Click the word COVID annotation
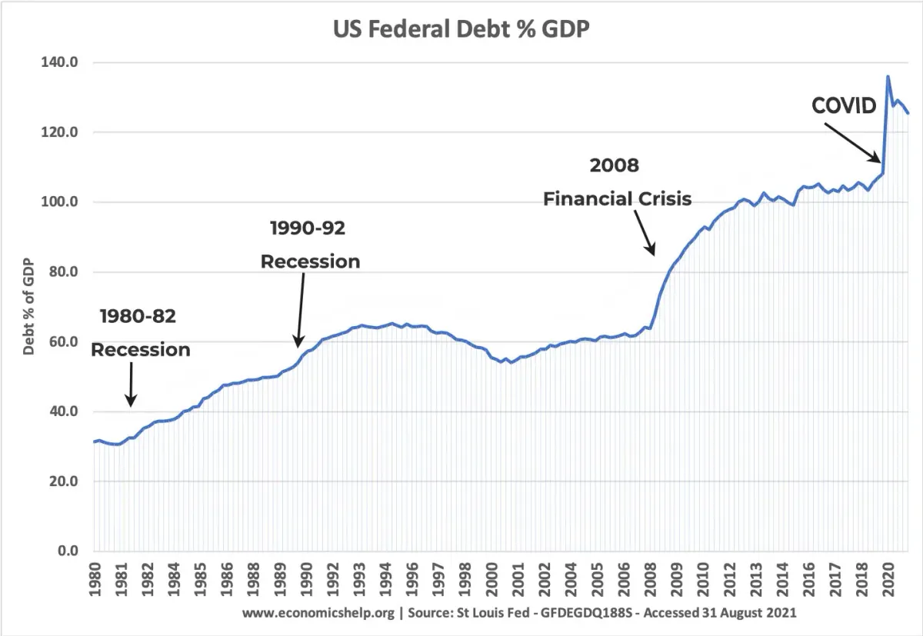coord(844,105)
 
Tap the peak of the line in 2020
coord(888,76)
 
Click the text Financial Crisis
coord(617,199)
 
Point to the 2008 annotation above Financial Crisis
coord(614,165)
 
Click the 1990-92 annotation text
coord(308,228)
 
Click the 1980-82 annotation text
coord(138,316)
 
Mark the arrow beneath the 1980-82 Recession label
coord(131,384)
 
